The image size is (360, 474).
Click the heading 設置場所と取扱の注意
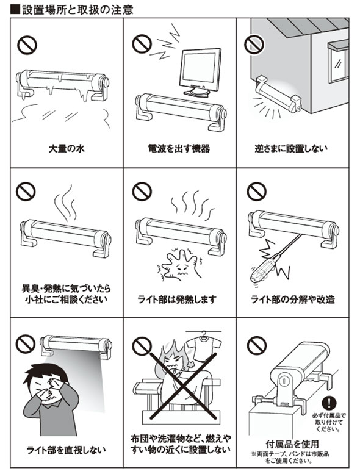(x=77, y=10)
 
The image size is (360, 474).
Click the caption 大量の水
(x=67, y=148)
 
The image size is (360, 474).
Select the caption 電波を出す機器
(x=179, y=148)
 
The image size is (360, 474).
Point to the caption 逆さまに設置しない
(x=291, y=148)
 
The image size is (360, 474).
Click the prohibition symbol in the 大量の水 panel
(x=27, y=45)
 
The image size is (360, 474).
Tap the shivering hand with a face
(x=179, y=265)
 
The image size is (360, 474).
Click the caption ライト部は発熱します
(x=177, y=300)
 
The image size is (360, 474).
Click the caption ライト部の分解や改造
(x=293, y=300)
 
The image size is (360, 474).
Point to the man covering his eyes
(x=50, y=400)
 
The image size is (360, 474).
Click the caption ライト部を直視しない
(x=66, y=450)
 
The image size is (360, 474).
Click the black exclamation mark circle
(x=329, y=403)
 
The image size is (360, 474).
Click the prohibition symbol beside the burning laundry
(x=142, y=345)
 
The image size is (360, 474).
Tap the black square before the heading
(x=15, y=10)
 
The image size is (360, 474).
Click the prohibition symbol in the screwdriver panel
(x=257, y=192)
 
